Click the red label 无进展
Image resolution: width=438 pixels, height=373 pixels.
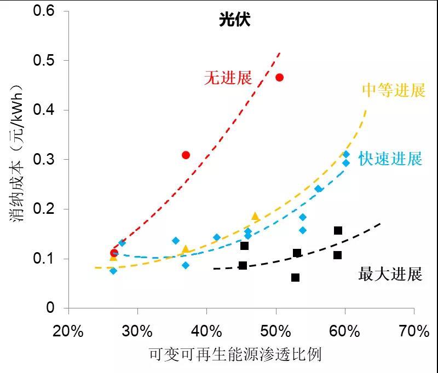point(228,78)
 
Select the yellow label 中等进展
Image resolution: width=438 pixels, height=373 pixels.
point(394,90)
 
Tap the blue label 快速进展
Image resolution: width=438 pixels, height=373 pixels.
point(390,159)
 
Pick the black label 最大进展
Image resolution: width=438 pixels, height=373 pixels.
point(390,273)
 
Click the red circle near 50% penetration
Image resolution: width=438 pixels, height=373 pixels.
point(279,78)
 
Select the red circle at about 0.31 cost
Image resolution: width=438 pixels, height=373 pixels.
point(186,155)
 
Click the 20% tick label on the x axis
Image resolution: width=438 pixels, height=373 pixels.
point(68,331)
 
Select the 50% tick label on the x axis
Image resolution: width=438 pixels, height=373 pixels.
point(276,331)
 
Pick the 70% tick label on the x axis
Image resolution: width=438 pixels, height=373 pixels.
point(414,331)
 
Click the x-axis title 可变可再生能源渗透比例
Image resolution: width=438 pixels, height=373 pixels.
point(235,355)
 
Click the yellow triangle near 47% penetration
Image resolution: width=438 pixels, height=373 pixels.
point(255,217)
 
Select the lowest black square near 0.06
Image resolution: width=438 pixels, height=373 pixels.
point(296,277)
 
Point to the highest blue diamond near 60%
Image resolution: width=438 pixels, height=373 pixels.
point(346,155)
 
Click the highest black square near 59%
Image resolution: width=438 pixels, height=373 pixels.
point(338,230)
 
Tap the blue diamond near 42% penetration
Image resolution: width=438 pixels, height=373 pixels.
point(217,237)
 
